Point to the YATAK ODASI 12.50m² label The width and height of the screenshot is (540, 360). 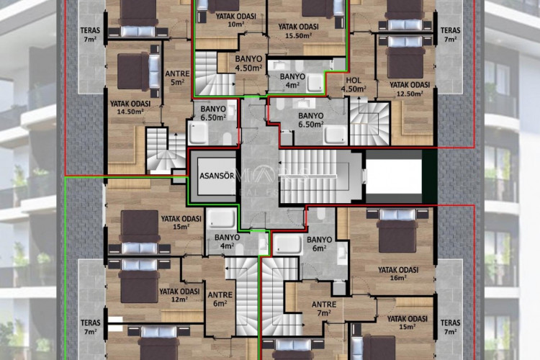point(410,89)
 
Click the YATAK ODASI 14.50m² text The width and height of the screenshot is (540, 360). point(130,108)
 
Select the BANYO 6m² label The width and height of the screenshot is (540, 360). point(319,244)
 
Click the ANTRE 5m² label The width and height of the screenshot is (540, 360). point(177,78)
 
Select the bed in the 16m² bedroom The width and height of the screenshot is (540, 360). point(397,230)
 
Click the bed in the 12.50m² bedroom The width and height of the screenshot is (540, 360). point(406,57)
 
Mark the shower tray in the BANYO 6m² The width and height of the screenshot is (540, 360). point(287,246)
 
